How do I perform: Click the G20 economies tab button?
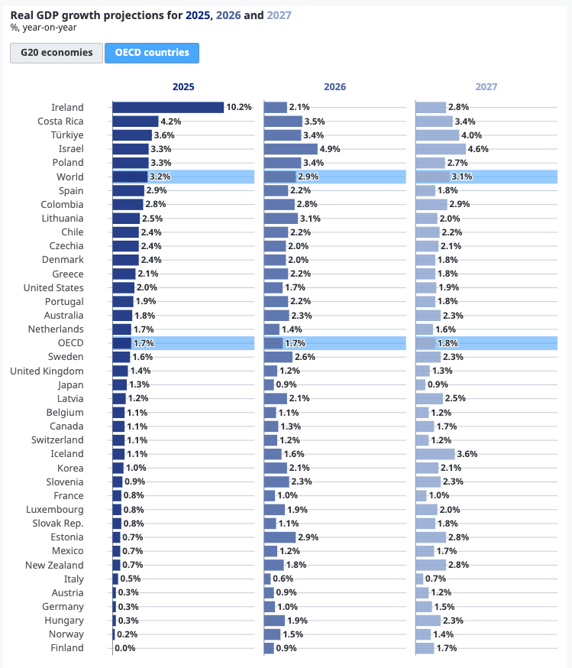[x=56, y=53]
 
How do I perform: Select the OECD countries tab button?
[x=151, y=53]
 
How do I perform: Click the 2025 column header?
[x=183, y=87]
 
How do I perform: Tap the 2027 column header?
[x=486, y=87]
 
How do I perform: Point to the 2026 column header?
[x=334, y=87]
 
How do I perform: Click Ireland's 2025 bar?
[x=168, y=108]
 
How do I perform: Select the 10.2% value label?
[x=239, y=108]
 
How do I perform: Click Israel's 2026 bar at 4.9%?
[x=290, y=149]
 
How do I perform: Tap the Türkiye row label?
[x=66, y=135]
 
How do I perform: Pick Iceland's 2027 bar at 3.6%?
[x=435, y=454]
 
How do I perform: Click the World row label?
[x=70, y=177]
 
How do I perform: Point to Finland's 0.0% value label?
[x=125, y=648]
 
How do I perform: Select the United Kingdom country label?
[x=47, y=371]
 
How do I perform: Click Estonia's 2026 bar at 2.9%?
[x=280, y=537]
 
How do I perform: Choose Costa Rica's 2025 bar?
[x=135, y=122]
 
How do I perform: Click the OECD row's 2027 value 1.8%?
[x=448, y=343]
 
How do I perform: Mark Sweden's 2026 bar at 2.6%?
[x=278, y=357]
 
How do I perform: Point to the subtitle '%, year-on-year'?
[x=43, y=28]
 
